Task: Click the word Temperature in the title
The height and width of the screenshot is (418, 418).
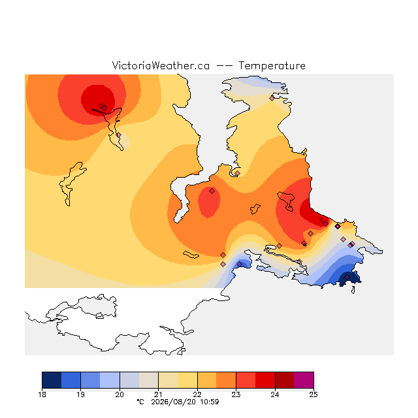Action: click(x=272, y=65)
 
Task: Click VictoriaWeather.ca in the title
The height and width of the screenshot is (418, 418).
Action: click(x=161, y=65)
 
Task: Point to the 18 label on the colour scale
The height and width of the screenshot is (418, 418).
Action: click(x=42, y=394)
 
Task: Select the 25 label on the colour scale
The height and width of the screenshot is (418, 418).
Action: click(x=313, y=394)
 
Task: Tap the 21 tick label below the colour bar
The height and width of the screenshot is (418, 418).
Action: click(x=158, y=394)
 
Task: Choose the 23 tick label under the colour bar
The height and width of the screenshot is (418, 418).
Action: click(x=236, y=394)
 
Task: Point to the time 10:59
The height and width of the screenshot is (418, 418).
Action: click(x=210, y=402)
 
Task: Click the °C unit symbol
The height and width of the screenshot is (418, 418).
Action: click(x=140, y=402)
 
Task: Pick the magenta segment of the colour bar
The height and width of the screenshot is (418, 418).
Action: click(x=304, y=380)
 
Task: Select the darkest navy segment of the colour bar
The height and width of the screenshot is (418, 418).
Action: click(x=52, y=380)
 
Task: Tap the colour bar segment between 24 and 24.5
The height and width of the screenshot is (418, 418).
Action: click(x=285, y=380)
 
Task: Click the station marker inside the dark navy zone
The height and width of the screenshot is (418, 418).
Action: click(x=347, y=277)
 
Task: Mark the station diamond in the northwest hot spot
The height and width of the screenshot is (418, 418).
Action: click(x=104, y=108)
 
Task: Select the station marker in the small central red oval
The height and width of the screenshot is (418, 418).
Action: click(x=212, y=191)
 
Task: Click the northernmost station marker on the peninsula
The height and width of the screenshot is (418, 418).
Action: click(x=272, y=98)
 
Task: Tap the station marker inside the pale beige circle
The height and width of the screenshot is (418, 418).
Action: click(x=119, y=135)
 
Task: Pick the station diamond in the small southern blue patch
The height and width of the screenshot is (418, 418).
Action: click(x=240, y=264)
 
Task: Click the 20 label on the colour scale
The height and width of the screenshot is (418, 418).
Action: click(x=120, y=394)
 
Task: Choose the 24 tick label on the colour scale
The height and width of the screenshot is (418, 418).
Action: click(x=275, y=394)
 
